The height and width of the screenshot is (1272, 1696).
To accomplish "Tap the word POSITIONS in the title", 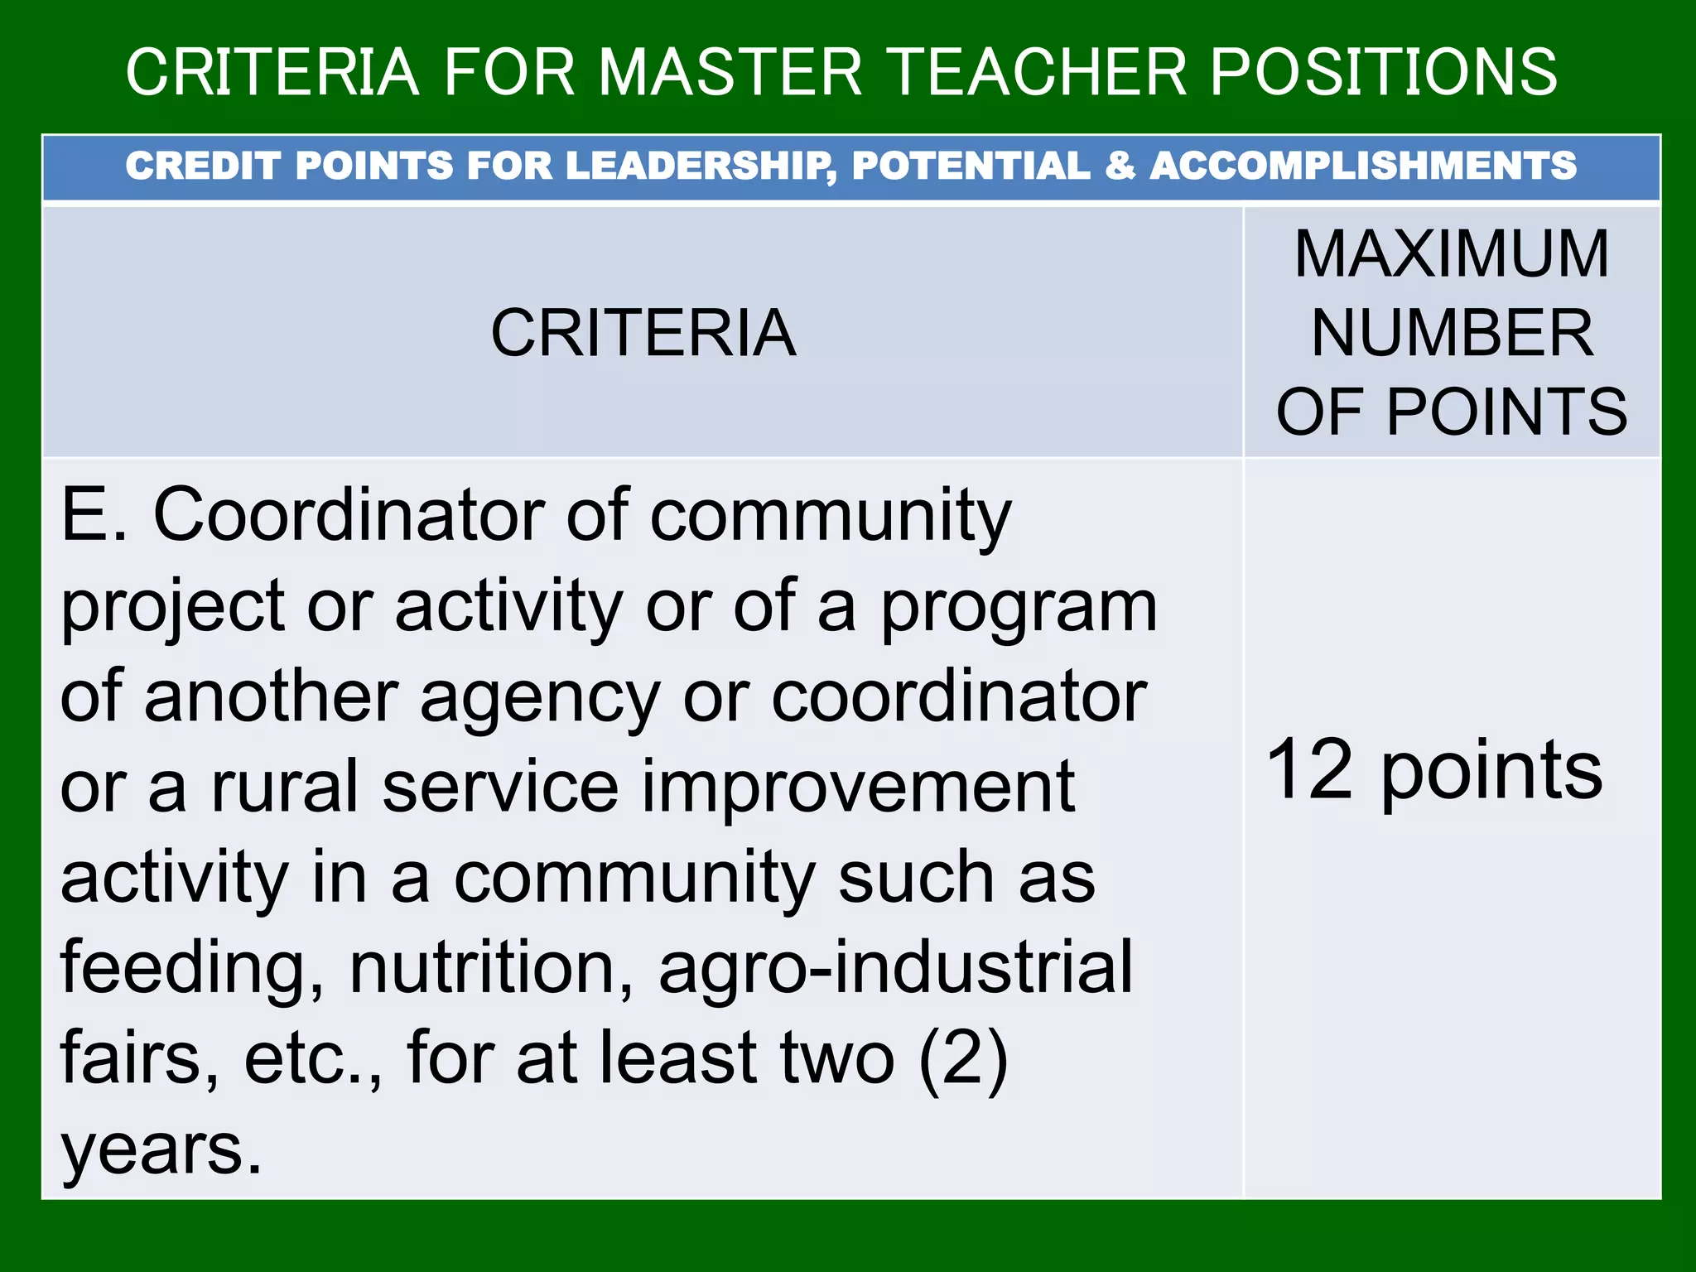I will tap(1384, 72).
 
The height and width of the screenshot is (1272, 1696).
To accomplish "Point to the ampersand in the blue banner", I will tap(1120, 166).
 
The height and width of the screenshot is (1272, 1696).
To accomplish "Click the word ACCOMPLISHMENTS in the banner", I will tap(1363, 166).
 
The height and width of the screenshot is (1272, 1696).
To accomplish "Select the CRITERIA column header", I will tap(643, 333).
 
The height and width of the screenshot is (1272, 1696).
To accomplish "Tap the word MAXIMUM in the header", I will tap(1452, 253).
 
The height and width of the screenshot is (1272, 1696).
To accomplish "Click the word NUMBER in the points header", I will tap(1452, 333).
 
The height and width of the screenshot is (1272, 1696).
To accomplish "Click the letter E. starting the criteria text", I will tap(94, 515).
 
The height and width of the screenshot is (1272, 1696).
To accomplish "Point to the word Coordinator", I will tap(348, 515).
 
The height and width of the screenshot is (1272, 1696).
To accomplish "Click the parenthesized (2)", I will tap(963, 1058).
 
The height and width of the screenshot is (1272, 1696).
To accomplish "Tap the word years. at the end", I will tap(161, 1151).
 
